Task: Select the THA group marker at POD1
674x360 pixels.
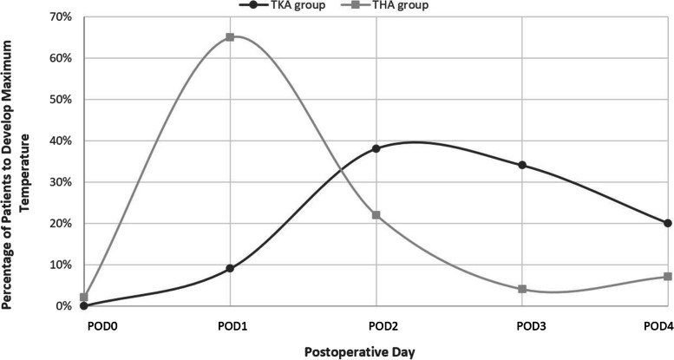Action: click(x=230, y=37)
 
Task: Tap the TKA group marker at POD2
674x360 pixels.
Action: click(x=376, y=148)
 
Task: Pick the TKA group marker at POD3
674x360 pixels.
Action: click(x=521, y=165)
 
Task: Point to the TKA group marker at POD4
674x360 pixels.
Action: click(x=667, y=223)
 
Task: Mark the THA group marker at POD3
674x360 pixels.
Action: click(x=521, y=289)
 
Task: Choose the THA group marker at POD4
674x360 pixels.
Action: click(x=667, y=277)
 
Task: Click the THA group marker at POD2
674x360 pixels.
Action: click(x=376, y=215)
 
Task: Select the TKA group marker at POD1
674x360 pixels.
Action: click(x=230, y=268)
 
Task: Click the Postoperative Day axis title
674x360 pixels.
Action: click(x=375, y=351)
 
